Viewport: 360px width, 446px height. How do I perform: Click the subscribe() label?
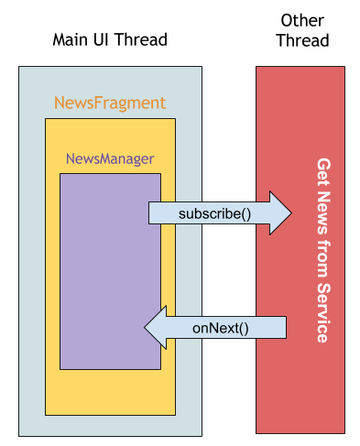pyautogui.click(x=214, y=214)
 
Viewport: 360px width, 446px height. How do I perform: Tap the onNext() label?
pyautogui.click(x=221, y=328)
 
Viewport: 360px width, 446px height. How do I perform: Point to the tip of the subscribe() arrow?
pyautogui.click(x=292, y=213)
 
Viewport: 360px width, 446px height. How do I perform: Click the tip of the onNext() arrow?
pyautogui.click(x=144, y=328)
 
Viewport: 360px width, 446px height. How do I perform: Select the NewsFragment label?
pyautogui.click(x=110, y=103)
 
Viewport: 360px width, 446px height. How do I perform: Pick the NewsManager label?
pyautogui.click(x=110, y=159)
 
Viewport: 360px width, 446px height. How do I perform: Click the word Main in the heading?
pyautogui.click(x=71, y=39)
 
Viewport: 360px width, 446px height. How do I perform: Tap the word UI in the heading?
pyautogui.click(x=102, y=39)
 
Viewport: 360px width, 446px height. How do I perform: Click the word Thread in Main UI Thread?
pyautogui.click(x=141, y=39)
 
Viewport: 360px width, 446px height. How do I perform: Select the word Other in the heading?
pyautogui.click(x=302, y=21)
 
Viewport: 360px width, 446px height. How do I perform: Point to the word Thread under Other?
pyautogui.click(x=302, y=40)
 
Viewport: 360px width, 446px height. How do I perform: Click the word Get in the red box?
pyautogui.click(x=323, y=172)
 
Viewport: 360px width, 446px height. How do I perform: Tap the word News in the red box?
pyautogui.click(x=323, y=212)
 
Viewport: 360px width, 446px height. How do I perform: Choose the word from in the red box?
pyautogui.click(x=323, y=259)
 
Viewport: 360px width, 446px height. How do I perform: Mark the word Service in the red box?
pyautogui.click(x=323, y=313)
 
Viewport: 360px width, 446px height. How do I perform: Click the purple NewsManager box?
pyautogui.click(x=110, y=271)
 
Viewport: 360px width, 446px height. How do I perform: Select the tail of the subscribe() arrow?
pyautogui.click(x=149, y=213)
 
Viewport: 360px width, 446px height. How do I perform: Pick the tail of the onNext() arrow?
pyautogui.click(x=286, y=328)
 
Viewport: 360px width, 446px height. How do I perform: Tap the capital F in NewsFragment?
pyautogui.click(x=98, y=102)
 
